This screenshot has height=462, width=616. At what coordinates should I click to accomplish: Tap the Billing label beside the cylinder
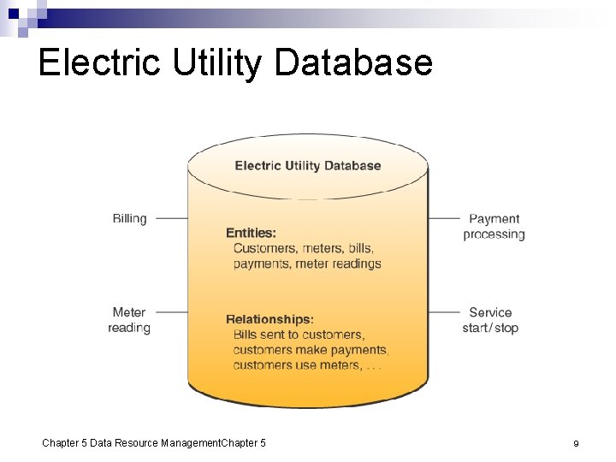(130, 218)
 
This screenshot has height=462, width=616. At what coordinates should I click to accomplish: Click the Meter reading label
(129, 320)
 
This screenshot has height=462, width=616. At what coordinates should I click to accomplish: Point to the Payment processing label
(494, 227)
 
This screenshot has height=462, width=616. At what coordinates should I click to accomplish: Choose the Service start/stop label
(490, 320)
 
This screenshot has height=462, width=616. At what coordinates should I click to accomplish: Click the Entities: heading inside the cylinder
(251, 233)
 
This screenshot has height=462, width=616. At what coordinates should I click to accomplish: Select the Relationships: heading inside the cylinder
(269, 319)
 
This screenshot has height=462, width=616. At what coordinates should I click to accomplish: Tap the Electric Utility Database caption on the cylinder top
(308, 166)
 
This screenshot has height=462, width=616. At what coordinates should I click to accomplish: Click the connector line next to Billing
(171, 218)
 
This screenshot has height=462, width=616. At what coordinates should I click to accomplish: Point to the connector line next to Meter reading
(171, 312)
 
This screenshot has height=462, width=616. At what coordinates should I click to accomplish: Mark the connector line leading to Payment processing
(444, 218)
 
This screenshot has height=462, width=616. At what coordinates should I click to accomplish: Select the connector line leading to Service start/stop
(444, 312)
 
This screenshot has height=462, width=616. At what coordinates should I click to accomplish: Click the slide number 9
(577, 443)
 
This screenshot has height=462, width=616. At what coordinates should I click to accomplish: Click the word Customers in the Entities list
(265, 248)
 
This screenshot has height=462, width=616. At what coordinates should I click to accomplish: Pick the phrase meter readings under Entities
(338, 264)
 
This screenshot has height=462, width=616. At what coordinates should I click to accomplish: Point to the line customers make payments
(311, 350)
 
